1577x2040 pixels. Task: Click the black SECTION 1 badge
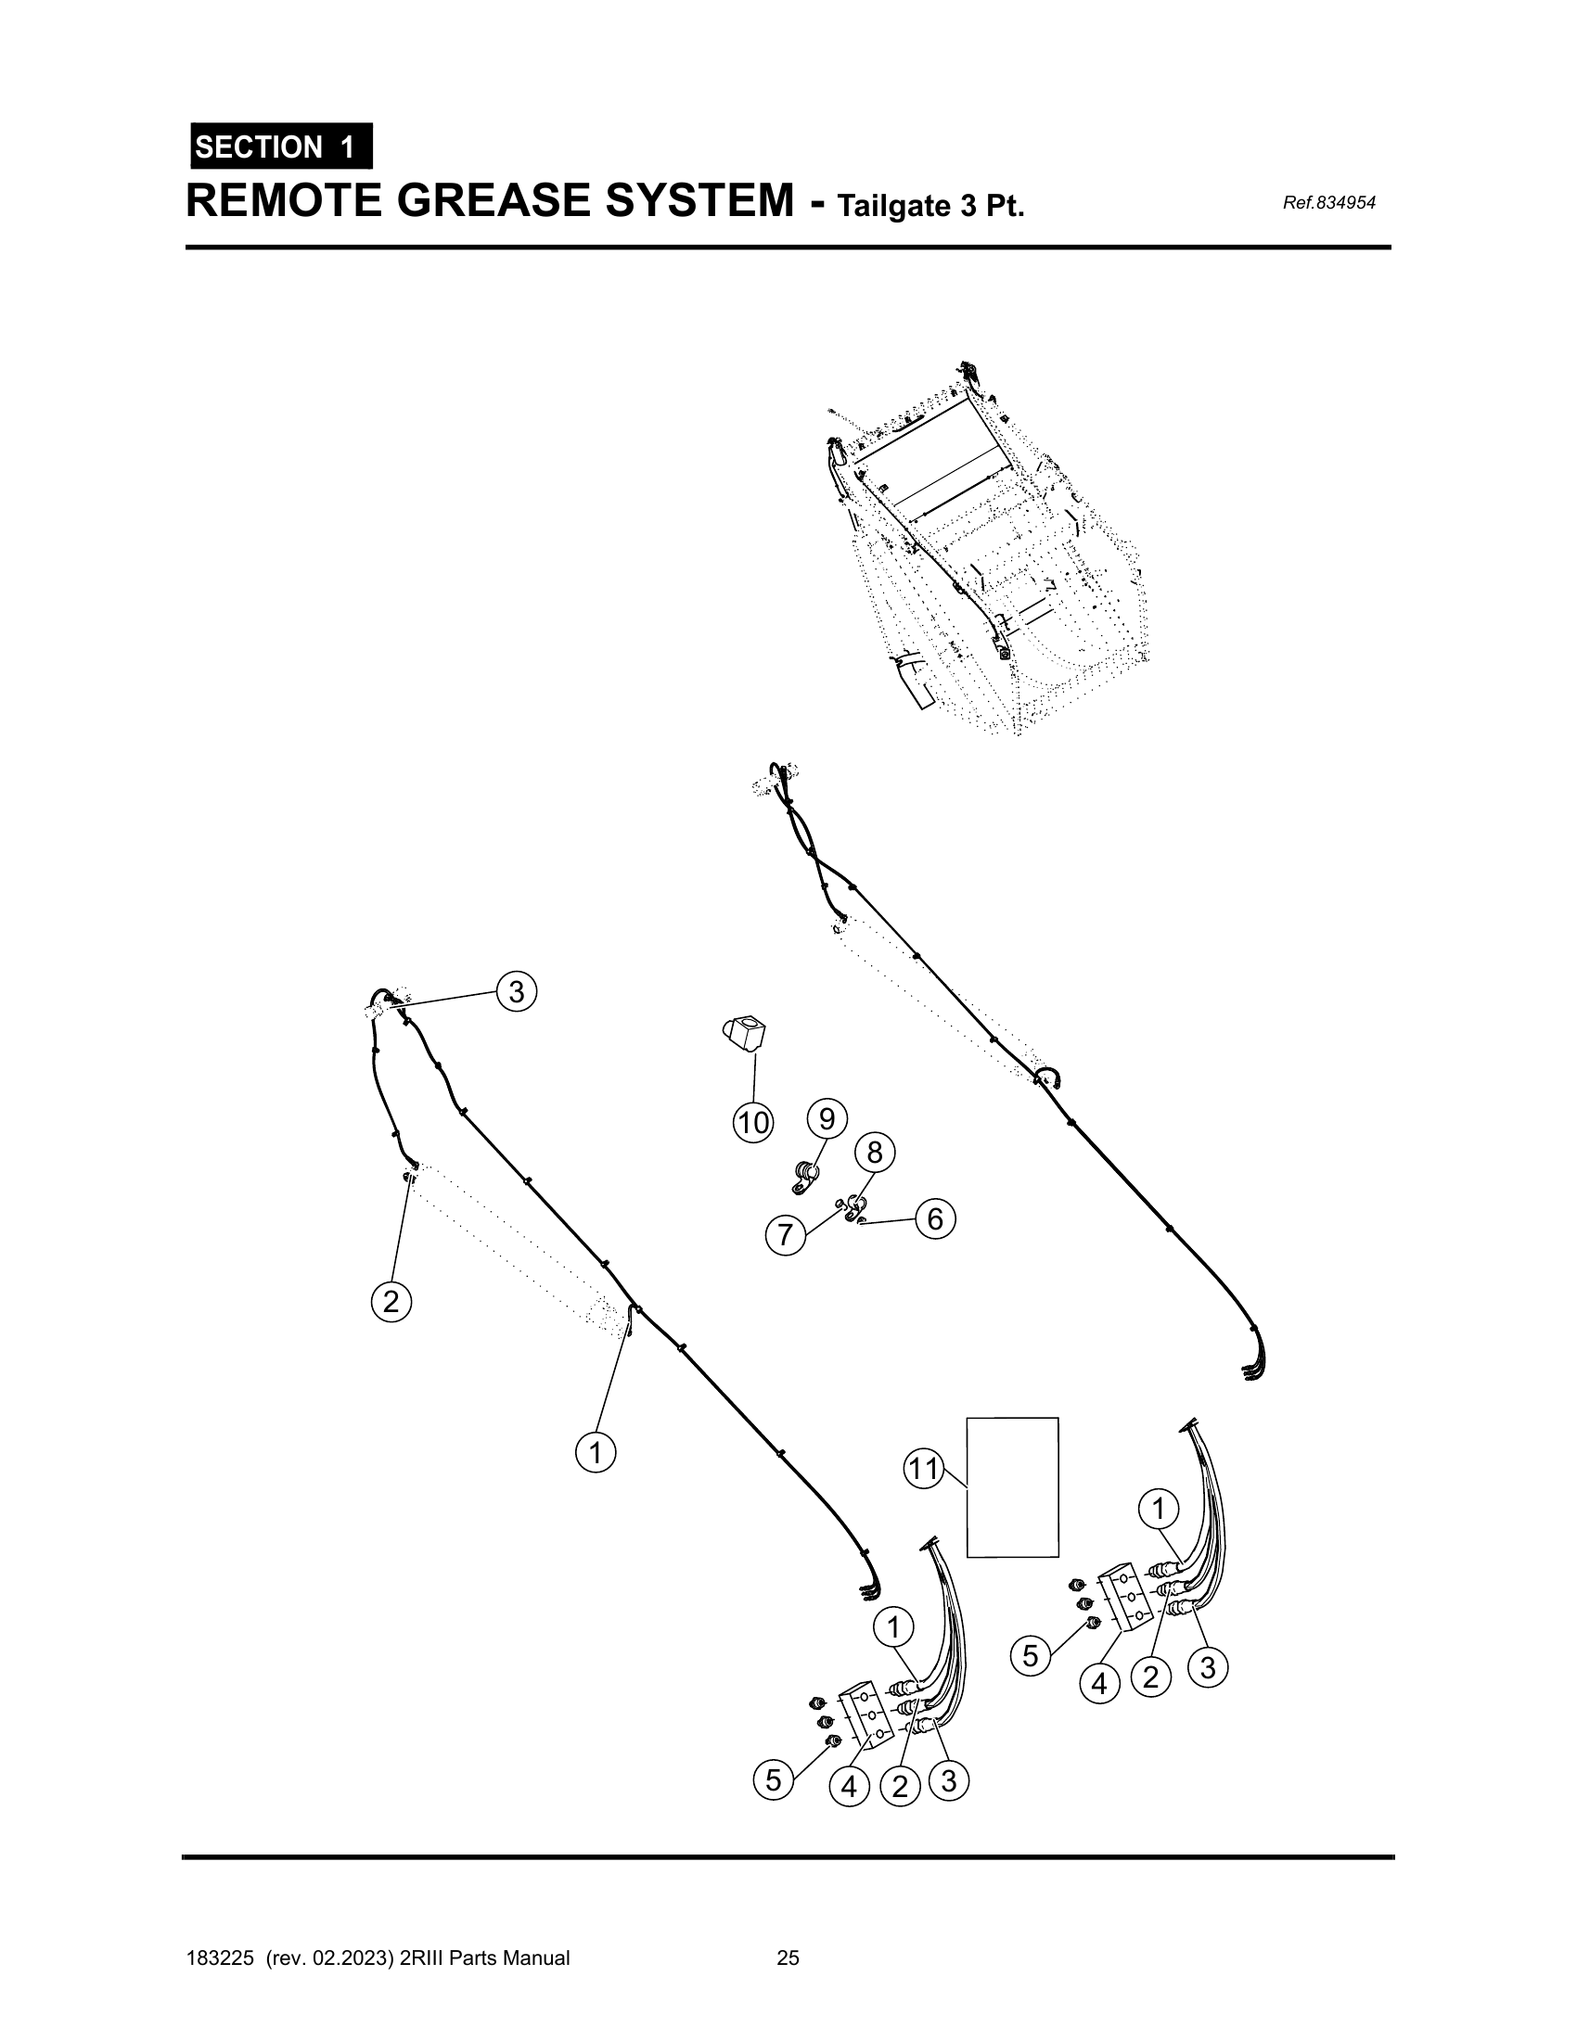pyautogui.click(x=280, y=147)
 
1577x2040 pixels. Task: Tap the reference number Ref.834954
pyautogui.click(x=1328, y=203)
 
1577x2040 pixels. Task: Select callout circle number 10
pyautogui.click(x=753, y=1123)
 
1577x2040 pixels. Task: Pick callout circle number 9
pyautogui.click(x=827, y=1118)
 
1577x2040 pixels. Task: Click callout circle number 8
pyautogui.click(x=875, y=1154)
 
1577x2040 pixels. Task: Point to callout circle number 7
pyautogui.click(x=785, y=1236)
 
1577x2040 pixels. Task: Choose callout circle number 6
pyautogui.click(x=935, y=1219)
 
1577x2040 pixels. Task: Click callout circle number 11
pyautogui.click(x=924, y=1470)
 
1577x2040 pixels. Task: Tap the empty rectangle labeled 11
pyautogui.click(x=1012, y=1487)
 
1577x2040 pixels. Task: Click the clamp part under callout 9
pyautogui.click(x=802, y=1178)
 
